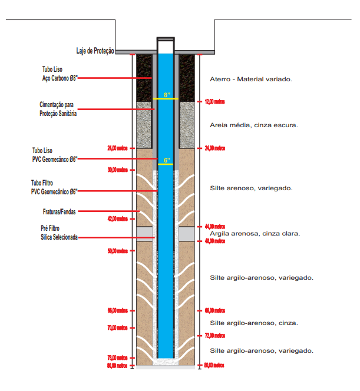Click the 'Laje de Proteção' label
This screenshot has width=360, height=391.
(95, 51)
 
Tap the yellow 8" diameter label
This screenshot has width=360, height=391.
(167, 95)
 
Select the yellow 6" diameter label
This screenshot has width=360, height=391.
(167, 160)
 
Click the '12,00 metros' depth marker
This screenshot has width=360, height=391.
(215, 102)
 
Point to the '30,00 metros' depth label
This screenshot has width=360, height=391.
(117, 170)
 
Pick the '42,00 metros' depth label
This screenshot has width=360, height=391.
(117, 219)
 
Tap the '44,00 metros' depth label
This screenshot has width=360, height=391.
(215, 227)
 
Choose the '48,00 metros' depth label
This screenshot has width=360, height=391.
(215, 241)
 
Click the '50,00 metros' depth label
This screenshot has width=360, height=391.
(117, 251)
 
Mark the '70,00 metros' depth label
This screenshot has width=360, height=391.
(117, 327)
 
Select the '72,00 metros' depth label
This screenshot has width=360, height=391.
(215, 336)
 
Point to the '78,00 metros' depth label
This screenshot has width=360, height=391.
(117, 358)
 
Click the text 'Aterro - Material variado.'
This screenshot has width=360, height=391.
(251, 79)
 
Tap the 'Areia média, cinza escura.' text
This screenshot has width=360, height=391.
(254, 125)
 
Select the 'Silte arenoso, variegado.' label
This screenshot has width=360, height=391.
(251, 188)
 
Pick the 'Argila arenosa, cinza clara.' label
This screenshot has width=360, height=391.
(255, 234)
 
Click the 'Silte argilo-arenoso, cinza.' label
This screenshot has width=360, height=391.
(254, 323)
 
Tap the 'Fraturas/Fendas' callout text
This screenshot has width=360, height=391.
(59, 212)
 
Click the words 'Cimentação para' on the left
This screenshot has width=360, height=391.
(57, 105)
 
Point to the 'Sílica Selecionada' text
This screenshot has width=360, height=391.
(59, 237)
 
